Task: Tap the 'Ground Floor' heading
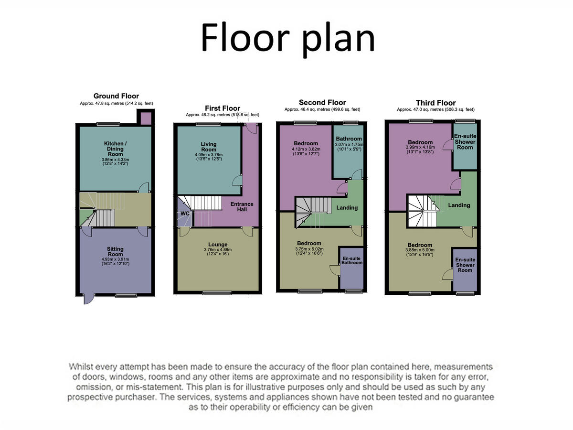click(x=116, y=96)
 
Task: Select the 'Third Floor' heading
click(x=435, y=103)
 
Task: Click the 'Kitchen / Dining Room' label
click(x=115, y=149)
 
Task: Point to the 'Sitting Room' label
click(x=115, y=252)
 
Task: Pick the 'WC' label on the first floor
click(x=185, y=214)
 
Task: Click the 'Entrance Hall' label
click(x=242, y=207)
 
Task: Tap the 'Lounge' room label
click(x=218, y=245)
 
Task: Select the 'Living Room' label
click(x=209, y=147)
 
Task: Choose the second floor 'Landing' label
click(x=347, y=208)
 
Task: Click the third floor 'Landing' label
click(x=459, y=205)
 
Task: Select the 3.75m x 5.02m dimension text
click(x=309, y=248)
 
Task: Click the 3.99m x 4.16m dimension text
click(x=420, y=148)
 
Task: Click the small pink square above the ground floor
click(x=145, y=117)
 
